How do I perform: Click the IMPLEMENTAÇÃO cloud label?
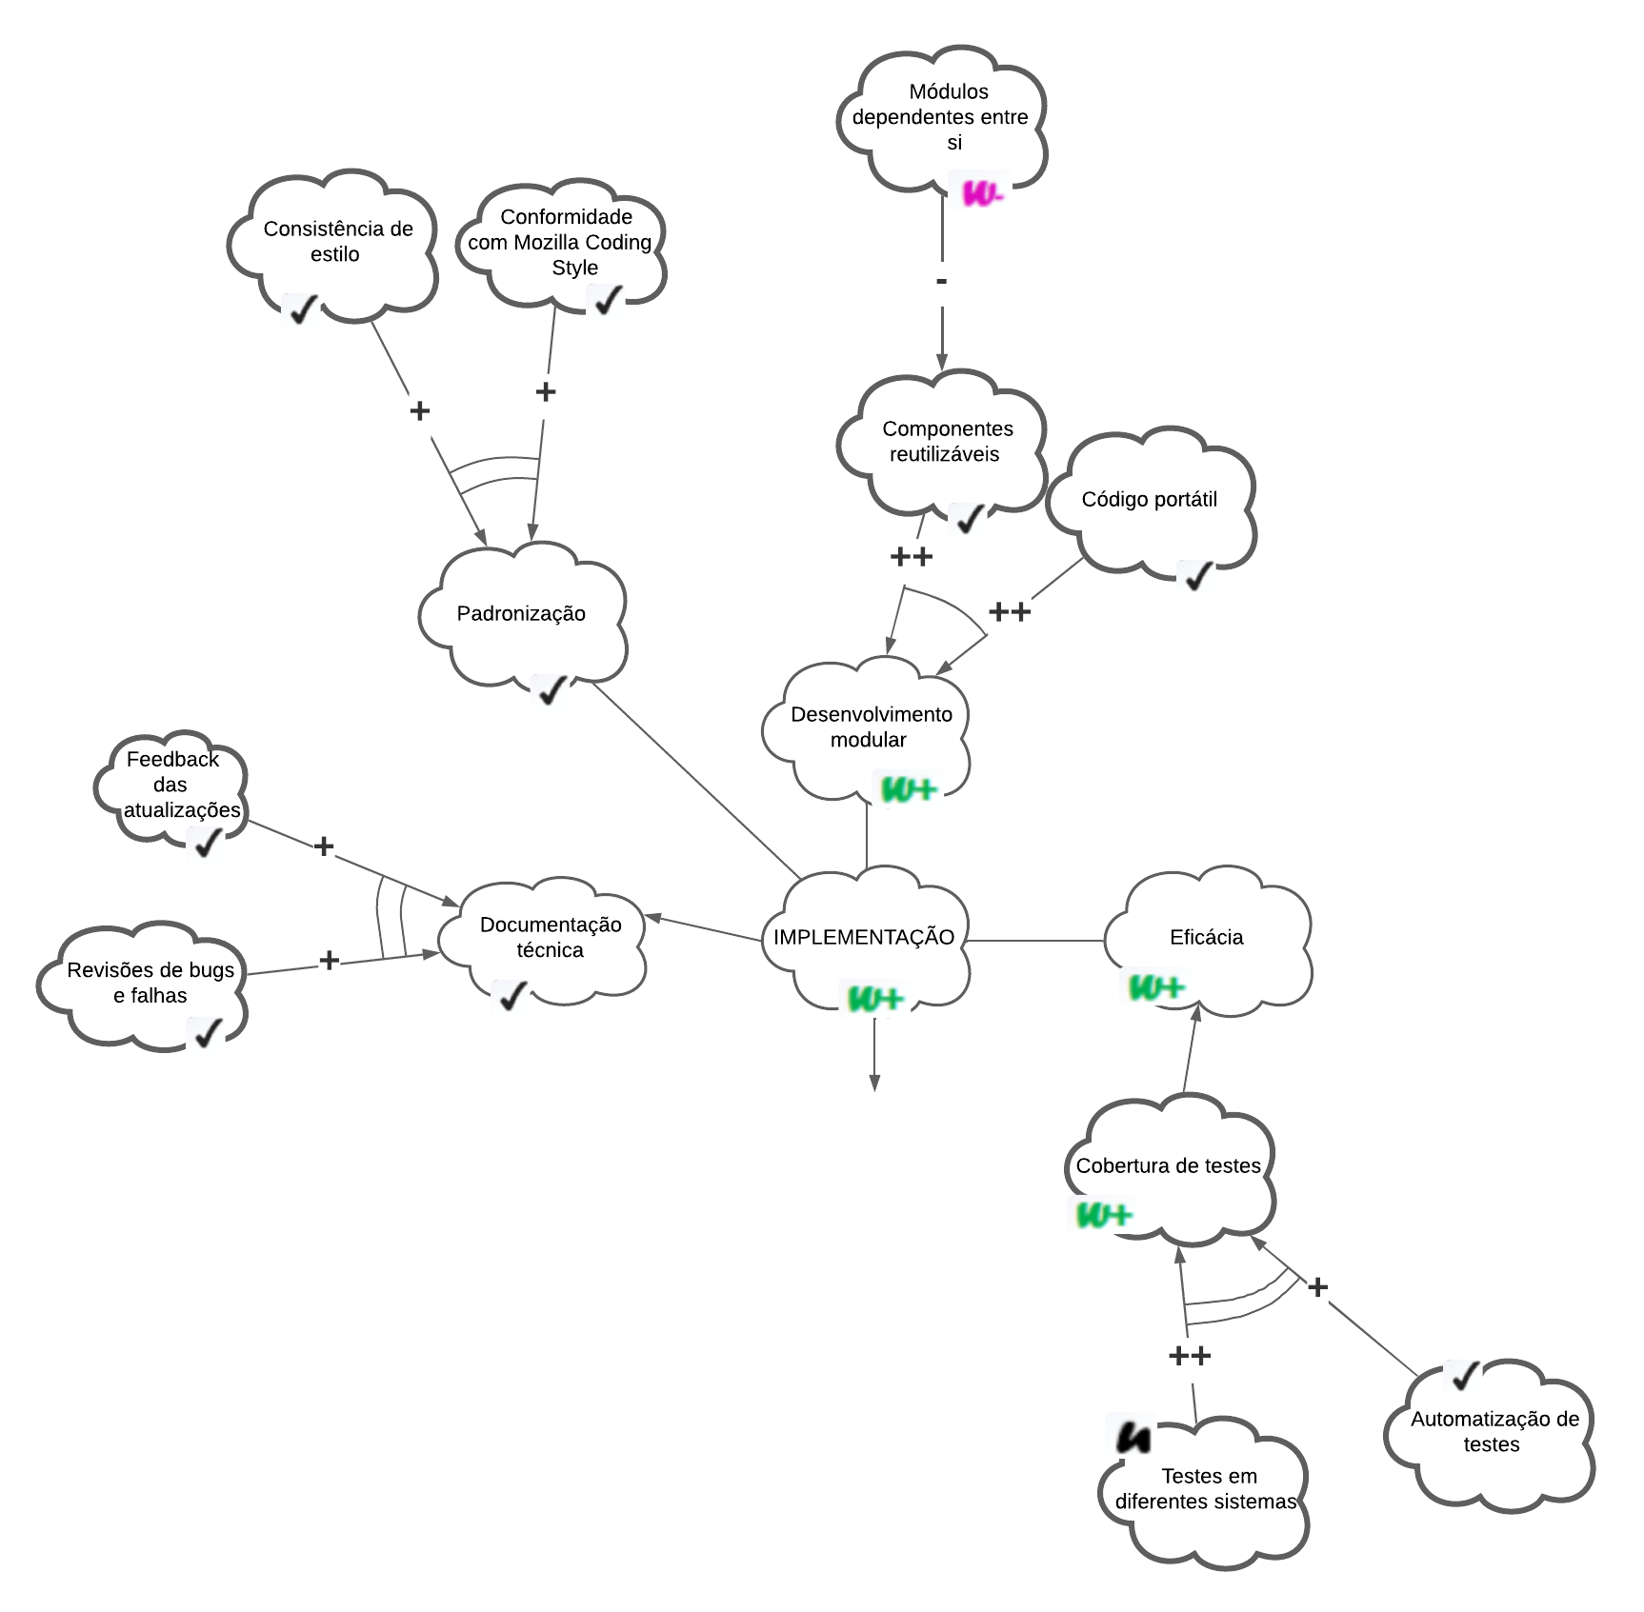863,937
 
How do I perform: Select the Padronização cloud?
521,614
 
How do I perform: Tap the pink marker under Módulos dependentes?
982,194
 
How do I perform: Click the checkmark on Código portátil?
1196,575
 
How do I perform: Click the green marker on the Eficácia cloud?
1155,987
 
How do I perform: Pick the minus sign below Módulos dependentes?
941,282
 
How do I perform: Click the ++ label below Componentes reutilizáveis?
911,557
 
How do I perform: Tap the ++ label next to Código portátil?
1010,611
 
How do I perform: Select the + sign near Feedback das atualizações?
324,846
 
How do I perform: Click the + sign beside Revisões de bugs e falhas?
329,960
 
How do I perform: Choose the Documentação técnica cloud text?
551,937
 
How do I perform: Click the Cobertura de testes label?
1168,1165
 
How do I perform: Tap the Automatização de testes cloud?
1494,1432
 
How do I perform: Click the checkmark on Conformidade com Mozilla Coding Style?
607,300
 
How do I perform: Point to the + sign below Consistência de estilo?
419,410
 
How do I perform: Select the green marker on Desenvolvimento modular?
909,789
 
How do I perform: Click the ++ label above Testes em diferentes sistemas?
1189,1356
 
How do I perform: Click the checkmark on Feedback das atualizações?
206,842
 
